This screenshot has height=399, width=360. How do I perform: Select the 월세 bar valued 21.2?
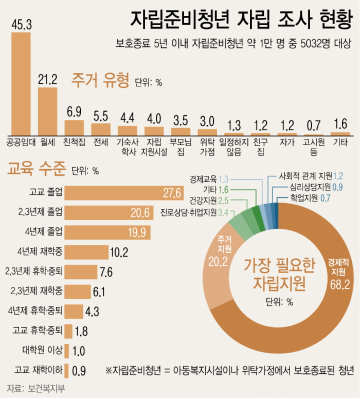[x=48, y=111]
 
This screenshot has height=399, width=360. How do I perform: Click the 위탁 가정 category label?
[x=207, y=147]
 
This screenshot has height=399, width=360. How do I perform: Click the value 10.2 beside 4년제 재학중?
[x=119, y=252]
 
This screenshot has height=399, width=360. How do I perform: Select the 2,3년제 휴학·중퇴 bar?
[x=82, y=271]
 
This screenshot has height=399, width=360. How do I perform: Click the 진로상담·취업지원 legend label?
[x=188, y=212]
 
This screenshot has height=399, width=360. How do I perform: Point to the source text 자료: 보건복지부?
[x=36, y=387]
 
